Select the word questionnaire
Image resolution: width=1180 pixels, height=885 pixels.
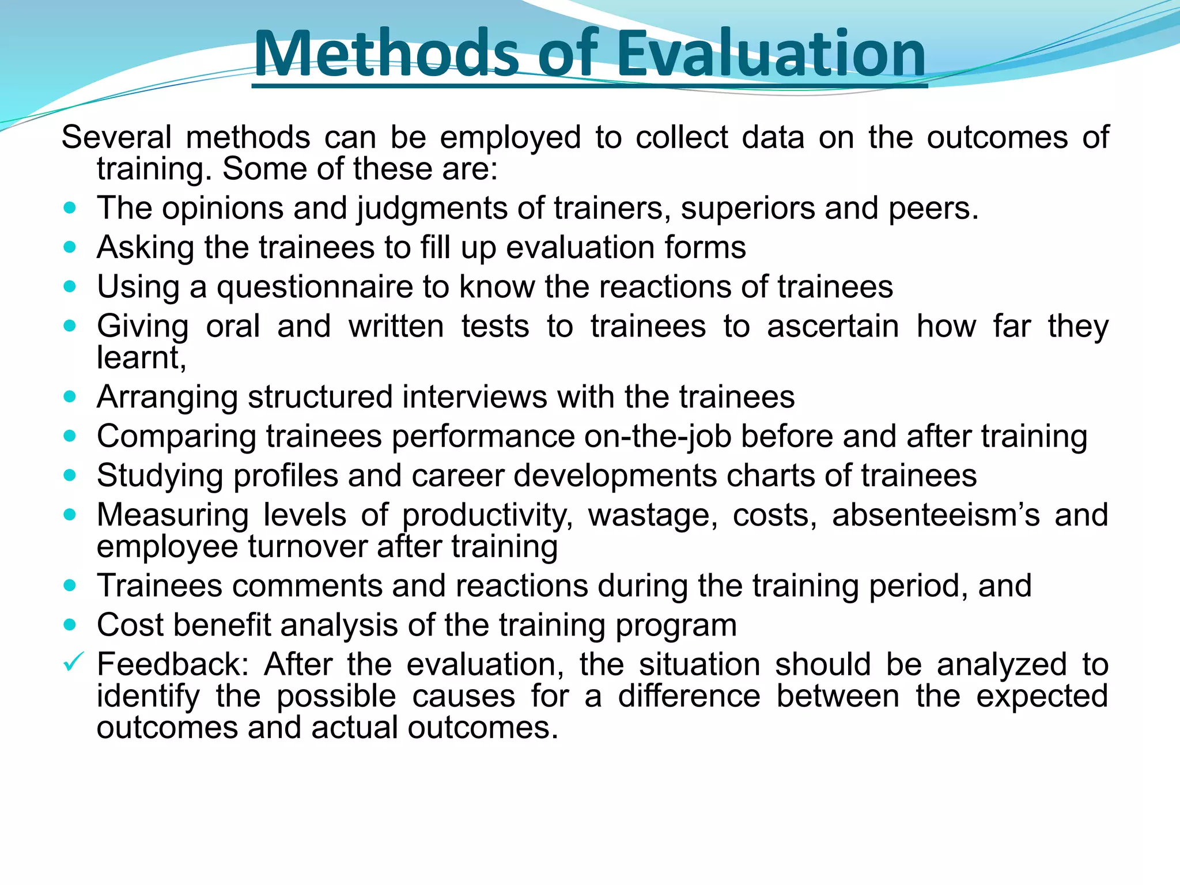click(315, 287)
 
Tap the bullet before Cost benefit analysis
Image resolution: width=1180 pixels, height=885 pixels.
click(70, 625)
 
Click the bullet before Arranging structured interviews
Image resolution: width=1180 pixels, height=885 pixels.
click(70, 396)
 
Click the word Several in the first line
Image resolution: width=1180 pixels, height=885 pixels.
click(117, 138)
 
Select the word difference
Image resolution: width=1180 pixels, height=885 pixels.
click(689, 696)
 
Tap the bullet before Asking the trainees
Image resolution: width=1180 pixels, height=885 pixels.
click(70, 247)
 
